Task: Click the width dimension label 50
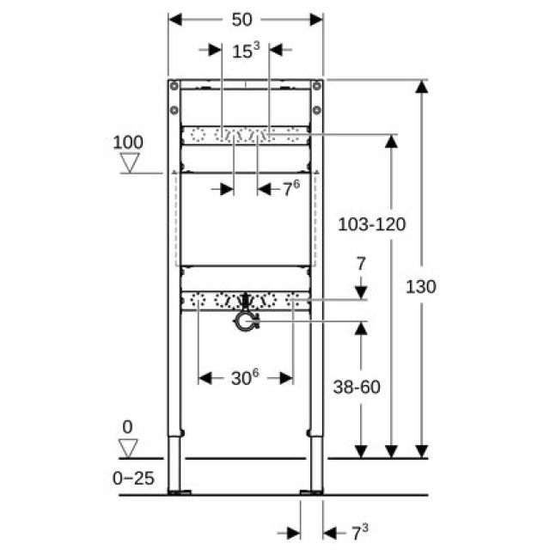coord(245,19)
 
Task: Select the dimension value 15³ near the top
coord(245,51)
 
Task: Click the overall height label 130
coord(420,286)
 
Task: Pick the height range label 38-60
coord(356,388)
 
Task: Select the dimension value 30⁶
coord(245,377)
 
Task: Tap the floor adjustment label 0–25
coord(133,478)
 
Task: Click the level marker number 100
coord(129,142)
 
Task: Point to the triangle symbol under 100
coord(130,162)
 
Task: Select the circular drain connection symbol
coord(247,321)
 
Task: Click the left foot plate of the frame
coord(181,492)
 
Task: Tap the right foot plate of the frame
coord(311,492)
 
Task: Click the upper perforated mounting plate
coord(245,135)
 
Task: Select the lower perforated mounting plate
coord(245,302)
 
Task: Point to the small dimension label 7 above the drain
coord(360,262)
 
